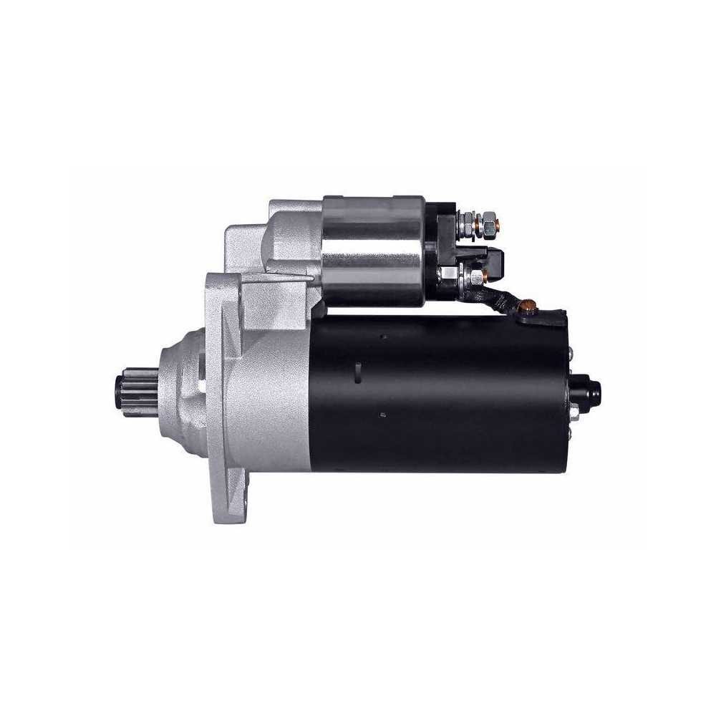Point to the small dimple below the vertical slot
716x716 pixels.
click(384, 413)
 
